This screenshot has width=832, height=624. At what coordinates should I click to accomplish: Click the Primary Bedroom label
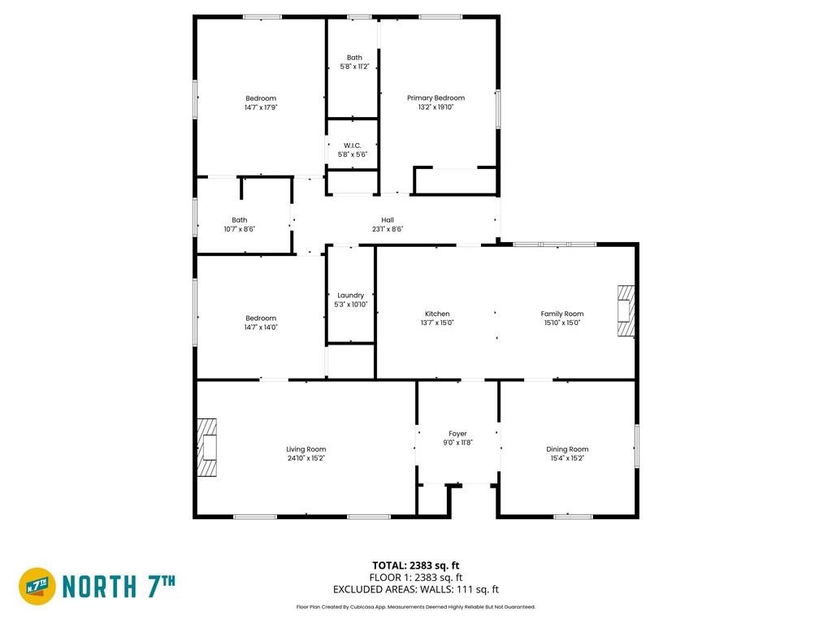coord(435,98)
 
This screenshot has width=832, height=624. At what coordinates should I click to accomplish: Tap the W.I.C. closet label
coord(353,145)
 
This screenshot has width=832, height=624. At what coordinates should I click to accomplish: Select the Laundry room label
coord(351,296)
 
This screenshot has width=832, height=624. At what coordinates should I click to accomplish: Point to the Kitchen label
coord(437,314)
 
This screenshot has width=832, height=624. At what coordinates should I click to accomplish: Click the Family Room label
coord(562,314)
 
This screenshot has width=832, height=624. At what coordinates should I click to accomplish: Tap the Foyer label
coord(457,434)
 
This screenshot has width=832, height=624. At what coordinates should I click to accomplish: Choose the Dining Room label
coord(567,449)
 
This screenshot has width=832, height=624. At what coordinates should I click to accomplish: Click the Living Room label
coord(306,449)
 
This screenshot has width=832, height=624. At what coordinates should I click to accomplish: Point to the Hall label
coord(388,220)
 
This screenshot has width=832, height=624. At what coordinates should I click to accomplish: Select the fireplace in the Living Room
coord(207,448)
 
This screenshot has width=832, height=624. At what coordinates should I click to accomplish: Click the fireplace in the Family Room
coord(626,310)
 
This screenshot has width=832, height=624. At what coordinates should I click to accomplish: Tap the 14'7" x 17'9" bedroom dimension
coord(261,107)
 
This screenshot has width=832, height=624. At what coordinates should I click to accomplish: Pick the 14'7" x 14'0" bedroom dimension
coord(261,327)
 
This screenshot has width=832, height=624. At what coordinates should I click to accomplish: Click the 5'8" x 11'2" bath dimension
coord(354,67)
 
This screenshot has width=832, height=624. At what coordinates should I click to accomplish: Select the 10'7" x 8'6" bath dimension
coord(240,229)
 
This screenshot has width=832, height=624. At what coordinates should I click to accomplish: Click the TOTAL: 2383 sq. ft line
coord(415,565)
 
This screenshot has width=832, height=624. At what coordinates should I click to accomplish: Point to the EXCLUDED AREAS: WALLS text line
coord(415,590)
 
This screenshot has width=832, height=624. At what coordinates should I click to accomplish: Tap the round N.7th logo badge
coord(37,587)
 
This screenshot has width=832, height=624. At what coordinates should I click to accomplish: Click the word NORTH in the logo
coord(99,587)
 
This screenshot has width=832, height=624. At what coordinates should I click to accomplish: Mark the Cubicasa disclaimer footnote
coord(415,607)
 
